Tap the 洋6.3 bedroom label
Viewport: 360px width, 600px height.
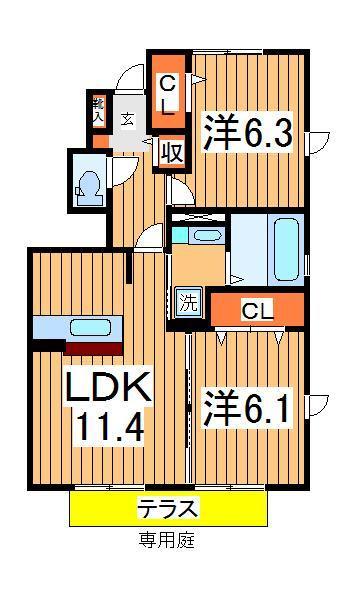coord(250,132)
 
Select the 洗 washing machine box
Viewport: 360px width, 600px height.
coord(188,298)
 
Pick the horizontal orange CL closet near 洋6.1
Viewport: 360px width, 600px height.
coord(258,310)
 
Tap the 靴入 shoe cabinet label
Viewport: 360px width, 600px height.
coord(99,110)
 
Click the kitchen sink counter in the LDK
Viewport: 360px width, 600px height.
coord(77,327)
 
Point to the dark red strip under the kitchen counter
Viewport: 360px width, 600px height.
coord(92,347)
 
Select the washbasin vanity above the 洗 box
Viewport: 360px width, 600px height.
coord(202,236)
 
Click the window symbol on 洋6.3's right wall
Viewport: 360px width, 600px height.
coord(318,141)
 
